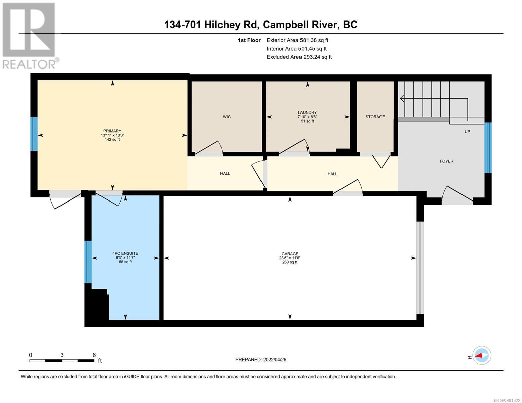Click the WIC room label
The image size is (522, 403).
226,117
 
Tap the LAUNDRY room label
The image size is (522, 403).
307,112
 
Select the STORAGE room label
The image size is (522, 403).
375,117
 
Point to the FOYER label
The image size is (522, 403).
446,161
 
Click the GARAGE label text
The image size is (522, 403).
290,254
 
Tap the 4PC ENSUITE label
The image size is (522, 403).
125,253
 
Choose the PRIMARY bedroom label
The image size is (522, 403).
112,131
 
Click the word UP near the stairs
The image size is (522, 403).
467,132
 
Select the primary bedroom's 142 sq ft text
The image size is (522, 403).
112,139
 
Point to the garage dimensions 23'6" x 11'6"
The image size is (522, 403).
290,258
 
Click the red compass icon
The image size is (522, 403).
481,355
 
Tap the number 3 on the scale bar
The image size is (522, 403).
62,355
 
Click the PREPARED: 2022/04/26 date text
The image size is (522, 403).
260,360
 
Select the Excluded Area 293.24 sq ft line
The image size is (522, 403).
299,57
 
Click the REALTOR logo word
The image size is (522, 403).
29,64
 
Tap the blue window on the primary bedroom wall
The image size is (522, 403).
34,134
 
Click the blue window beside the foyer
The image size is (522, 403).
488,148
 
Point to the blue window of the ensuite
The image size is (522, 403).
88,262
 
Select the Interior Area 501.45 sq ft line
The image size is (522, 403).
296,49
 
